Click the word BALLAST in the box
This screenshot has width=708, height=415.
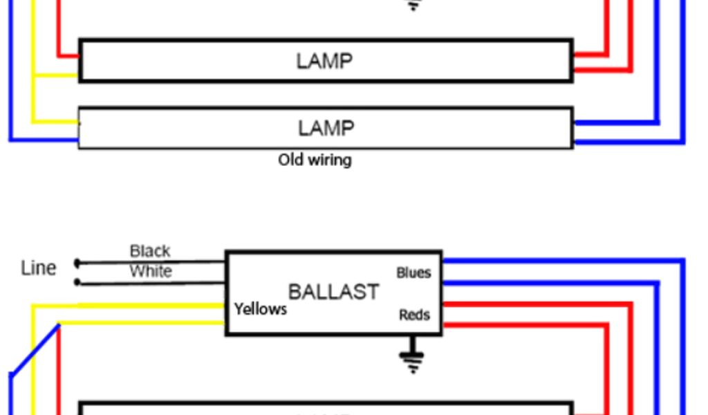pos(333,291)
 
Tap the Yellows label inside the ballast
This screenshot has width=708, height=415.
pos(260,309)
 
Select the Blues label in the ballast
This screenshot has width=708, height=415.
pos(413,273)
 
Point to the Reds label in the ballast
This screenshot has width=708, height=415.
pos(414,315)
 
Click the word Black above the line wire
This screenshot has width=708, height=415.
pos(150,251)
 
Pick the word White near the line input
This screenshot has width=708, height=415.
pos(151,271)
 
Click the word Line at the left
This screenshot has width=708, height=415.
pos(38,268)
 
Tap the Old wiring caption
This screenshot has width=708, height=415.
pos(315,160)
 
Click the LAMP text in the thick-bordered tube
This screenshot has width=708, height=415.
pos(324,62)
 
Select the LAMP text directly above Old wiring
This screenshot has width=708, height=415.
pos(326,128)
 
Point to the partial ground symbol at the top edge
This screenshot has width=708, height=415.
pos(413,5)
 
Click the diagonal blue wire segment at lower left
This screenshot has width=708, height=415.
pos(35,349)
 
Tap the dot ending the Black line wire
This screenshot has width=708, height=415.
pos(77,263)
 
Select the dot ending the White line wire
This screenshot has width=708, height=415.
pos(77,282)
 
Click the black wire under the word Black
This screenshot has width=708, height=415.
pos(152,261)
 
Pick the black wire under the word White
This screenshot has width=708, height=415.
pos(152,282)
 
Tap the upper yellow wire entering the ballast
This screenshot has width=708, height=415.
pos(152,305)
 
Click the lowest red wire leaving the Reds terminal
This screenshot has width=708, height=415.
pos(525,324)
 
